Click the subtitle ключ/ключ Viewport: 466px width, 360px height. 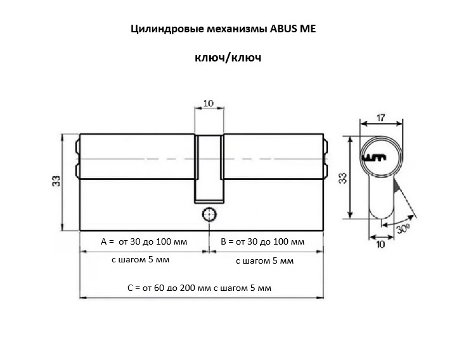coord(228,58)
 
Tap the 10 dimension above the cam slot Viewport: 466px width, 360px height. coord(209,103)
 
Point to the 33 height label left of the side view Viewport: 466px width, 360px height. coord(56,181)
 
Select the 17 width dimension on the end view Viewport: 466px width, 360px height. coord(380,118)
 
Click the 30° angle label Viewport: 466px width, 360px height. coord(403,229)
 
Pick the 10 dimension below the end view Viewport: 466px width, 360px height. coord(380,244)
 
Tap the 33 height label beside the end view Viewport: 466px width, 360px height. coord(343,178)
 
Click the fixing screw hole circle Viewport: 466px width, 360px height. coord(209,214)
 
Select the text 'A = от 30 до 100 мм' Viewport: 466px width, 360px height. coord(144,241)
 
